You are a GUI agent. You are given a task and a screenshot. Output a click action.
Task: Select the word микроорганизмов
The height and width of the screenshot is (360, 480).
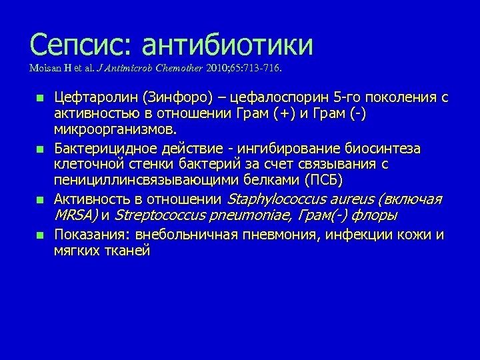(115, 127)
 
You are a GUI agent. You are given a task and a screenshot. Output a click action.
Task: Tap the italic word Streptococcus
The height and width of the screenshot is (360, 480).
(157, 215)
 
